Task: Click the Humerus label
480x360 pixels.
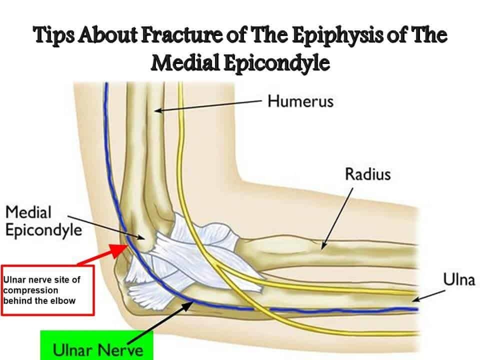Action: coord(300,101)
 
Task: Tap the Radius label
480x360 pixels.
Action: coord(367,174)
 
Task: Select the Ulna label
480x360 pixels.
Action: coord(458,279)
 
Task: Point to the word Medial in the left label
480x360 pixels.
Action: coord(28,212)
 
